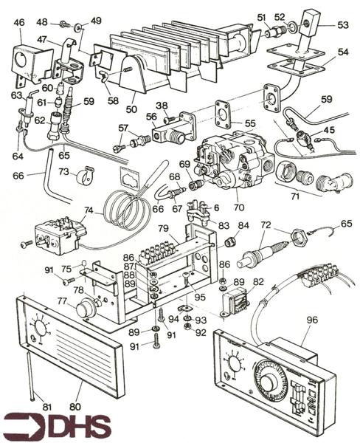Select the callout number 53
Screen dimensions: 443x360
(x=343, y=25)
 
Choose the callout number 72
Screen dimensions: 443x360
(x=266, y=223)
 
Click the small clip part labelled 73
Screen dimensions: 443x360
(x=83, y=178)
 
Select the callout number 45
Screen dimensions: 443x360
(x=329, y=131)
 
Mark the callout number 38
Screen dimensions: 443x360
(x=161, y=106)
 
